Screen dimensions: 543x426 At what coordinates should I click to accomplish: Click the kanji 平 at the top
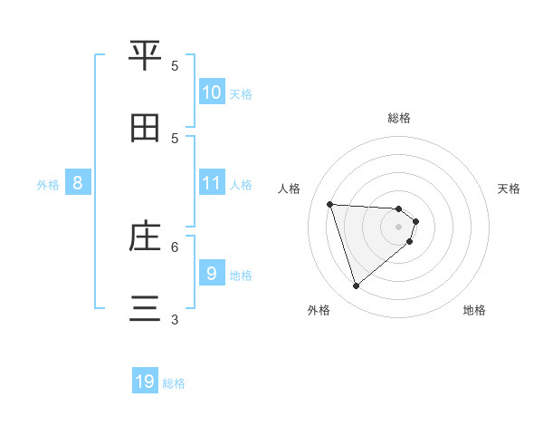146,56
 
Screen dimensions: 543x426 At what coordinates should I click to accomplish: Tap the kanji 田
146,128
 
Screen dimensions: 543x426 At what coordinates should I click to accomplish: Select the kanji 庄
146,237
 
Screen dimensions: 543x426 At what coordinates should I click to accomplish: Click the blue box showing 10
212,92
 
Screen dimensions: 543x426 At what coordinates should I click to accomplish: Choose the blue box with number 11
212,183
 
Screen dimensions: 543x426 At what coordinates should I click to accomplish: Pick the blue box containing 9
212,273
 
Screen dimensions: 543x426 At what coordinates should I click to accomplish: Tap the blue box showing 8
78,183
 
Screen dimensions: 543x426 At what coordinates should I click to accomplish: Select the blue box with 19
145,382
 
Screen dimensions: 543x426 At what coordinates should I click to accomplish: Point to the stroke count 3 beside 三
176,319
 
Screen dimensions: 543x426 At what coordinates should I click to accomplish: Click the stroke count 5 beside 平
176,65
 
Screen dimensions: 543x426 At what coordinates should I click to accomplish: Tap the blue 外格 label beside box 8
48,184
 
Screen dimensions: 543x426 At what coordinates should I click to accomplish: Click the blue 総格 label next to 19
174,383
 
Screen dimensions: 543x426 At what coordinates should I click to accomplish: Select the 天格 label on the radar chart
509,189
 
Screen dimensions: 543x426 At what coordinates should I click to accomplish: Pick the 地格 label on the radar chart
474,310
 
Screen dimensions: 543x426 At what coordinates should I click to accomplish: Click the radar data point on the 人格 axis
330,204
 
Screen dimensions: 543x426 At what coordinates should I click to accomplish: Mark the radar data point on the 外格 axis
356,286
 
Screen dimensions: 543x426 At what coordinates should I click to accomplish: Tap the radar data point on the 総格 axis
398,209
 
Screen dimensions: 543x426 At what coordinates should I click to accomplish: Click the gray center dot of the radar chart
398,238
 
